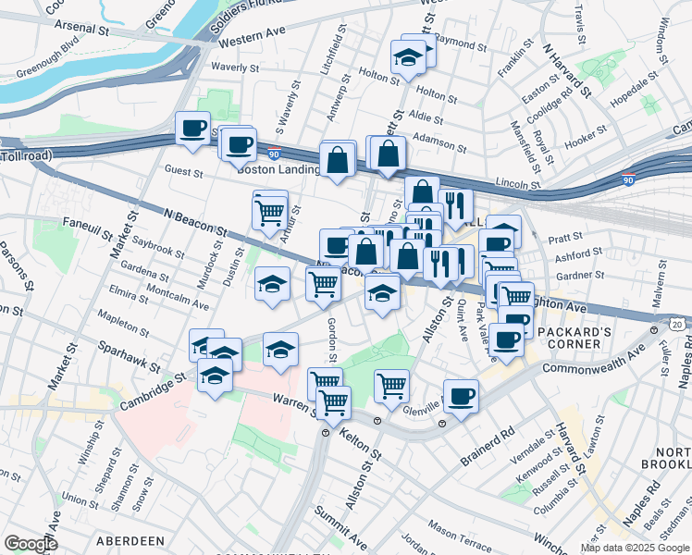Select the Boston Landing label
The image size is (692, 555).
point(275,169)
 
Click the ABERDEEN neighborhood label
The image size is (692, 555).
point(127,541)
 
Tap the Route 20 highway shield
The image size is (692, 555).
point(679,324)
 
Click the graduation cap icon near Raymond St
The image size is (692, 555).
point(406,57)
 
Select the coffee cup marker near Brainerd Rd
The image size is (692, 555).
point(461,397)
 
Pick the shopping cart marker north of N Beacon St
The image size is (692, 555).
point(269,211)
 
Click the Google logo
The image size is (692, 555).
point(31,543)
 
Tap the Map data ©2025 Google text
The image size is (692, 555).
point(635,548)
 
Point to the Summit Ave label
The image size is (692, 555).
point(342,524)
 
